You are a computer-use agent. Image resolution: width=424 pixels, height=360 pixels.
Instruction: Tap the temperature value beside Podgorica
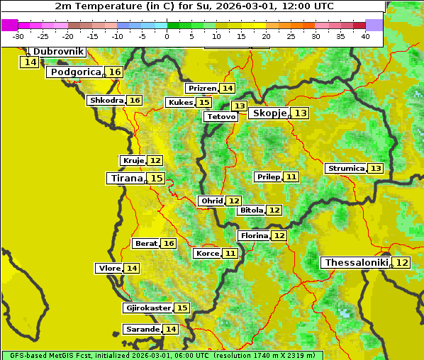point(115,72)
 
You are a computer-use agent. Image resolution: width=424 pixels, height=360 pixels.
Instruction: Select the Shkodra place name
point(106,101)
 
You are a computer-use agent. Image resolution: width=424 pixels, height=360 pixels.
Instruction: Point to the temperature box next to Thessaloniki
point(402,263)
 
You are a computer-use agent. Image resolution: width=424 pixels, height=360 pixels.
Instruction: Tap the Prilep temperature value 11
point(291,176)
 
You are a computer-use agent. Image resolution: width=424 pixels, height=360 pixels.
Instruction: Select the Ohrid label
point(212,201)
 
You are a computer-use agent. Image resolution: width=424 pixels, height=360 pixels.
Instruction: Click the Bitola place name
point(252,210)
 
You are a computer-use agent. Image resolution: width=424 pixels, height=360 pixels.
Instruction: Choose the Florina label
point(255,235)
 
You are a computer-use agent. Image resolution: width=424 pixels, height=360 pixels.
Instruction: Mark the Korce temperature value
point(230,254)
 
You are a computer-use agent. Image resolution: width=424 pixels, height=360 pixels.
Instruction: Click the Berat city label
point(146,244)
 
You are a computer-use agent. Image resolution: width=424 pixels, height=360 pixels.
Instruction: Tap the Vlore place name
point(109,269)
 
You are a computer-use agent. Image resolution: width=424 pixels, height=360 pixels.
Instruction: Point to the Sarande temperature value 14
point(170,330)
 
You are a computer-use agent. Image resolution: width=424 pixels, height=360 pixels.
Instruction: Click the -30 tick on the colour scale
point(18,36)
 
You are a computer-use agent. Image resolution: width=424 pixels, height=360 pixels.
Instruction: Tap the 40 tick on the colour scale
point(365,36)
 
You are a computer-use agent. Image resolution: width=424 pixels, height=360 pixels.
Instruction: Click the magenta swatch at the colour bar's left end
point(9,25)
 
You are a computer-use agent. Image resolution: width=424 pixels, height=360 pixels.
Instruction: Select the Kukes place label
point(180,103)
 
